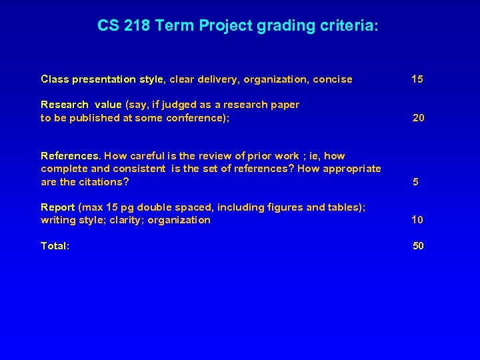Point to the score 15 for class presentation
tap(417, 79)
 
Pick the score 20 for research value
tap(419, 118)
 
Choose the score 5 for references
tap(416, 182)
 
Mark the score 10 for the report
tap(417, 220)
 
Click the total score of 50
tap(418, 246)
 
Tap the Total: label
tap(55, 246)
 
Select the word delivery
tap(217, 79)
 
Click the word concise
tap(332, 79)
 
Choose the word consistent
tap(139, 169)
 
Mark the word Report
tap(57, 207)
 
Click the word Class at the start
tap(55, 79)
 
